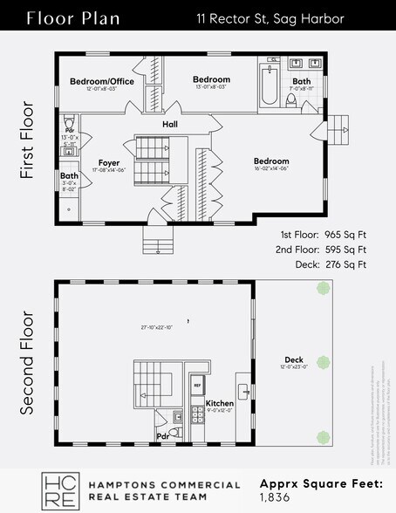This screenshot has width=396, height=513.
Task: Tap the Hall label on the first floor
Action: (x=170, y=125)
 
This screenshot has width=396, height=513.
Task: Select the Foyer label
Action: (x=108, y=162)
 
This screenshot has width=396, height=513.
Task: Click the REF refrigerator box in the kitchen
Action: (x=197, y=384)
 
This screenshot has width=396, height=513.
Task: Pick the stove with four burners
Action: (x=177, y=417)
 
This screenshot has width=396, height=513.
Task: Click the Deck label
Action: (x=294, y=359)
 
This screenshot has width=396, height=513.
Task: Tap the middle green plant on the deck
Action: (x=324, y=362)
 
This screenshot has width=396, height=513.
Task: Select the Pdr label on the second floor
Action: (x=162, y=435)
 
